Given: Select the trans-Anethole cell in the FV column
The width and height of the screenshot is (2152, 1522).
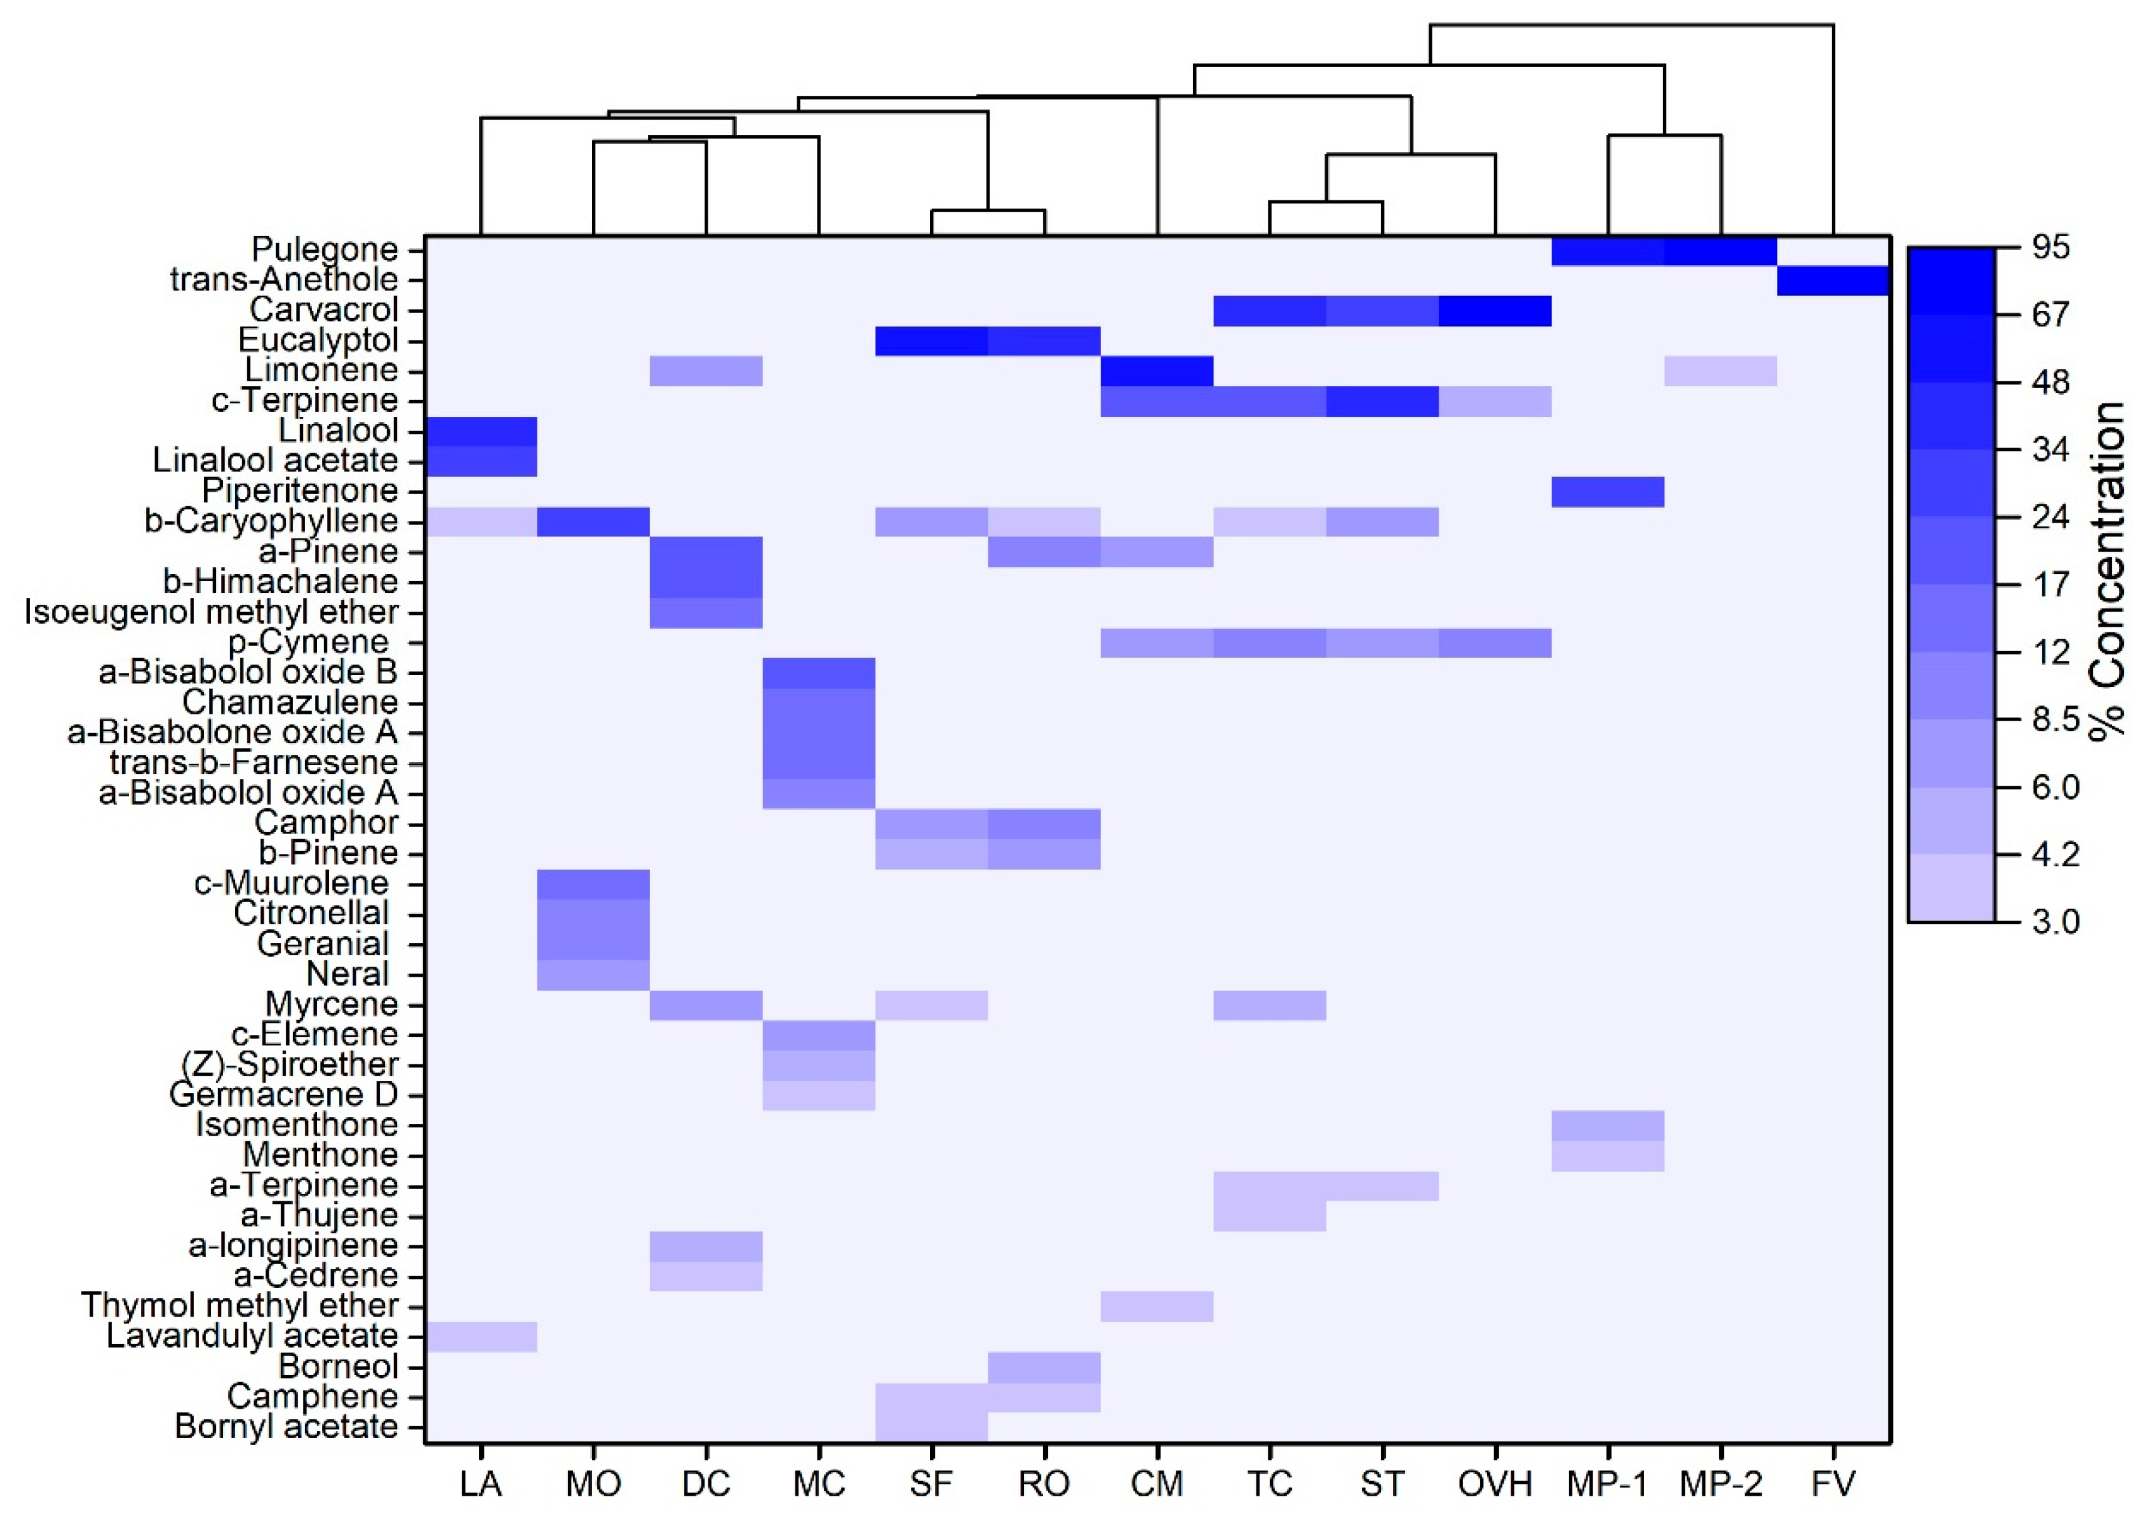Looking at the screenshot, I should pyautogui.click(x=1833, y=280).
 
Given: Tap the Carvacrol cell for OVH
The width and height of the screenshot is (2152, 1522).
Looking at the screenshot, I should pyautogui.click(x=1495, y=310).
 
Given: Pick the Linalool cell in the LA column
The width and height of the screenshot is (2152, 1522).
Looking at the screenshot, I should pyautogui.click(x=481, y=431).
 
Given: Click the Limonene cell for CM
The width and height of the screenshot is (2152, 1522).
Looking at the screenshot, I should pyautogui.click(x=1157, y=371).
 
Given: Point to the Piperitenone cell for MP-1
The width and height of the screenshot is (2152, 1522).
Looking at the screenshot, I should pyautogui.click(x=1608, y=491).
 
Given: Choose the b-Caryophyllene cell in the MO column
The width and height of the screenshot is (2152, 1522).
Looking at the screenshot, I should pyautogui.click(x=593, y=521).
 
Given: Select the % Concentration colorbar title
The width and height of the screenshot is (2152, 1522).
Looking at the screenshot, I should pyautogui.click(x=2107, y=572).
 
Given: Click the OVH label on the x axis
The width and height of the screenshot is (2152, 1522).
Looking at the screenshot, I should pyautogui.click(x=1495, y=1484).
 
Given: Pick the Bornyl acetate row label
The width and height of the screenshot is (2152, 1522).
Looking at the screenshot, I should pyautogui.click(x=286, y=1426).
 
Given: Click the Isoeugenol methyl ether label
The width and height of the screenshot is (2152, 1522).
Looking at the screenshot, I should pyautogui.click(x=211, y=612).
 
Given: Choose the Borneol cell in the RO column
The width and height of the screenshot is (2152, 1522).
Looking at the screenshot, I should pyautogui.click(x=1044, y=1367).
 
